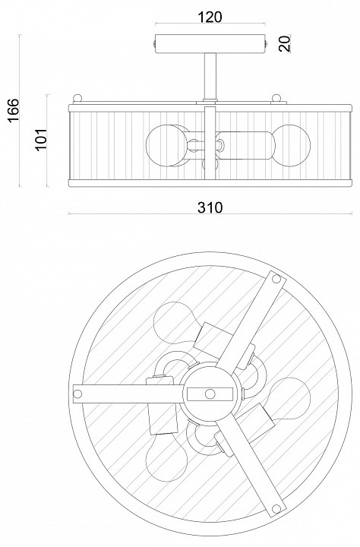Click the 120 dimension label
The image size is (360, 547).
click(x=210, y=17)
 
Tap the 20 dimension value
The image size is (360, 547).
click(x=285, y=43)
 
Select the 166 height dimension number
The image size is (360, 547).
click(x=13, y=110)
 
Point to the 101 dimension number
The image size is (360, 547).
click(x=41, y=139)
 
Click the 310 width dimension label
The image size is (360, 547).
click(x=210, y=207)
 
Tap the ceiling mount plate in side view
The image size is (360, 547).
click(x=210, y=43)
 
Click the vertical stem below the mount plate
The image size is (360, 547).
click(x=210, y=77)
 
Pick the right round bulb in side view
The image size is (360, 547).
click(x=291, y=145)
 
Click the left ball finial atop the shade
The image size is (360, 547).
click(x=77, y=98)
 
